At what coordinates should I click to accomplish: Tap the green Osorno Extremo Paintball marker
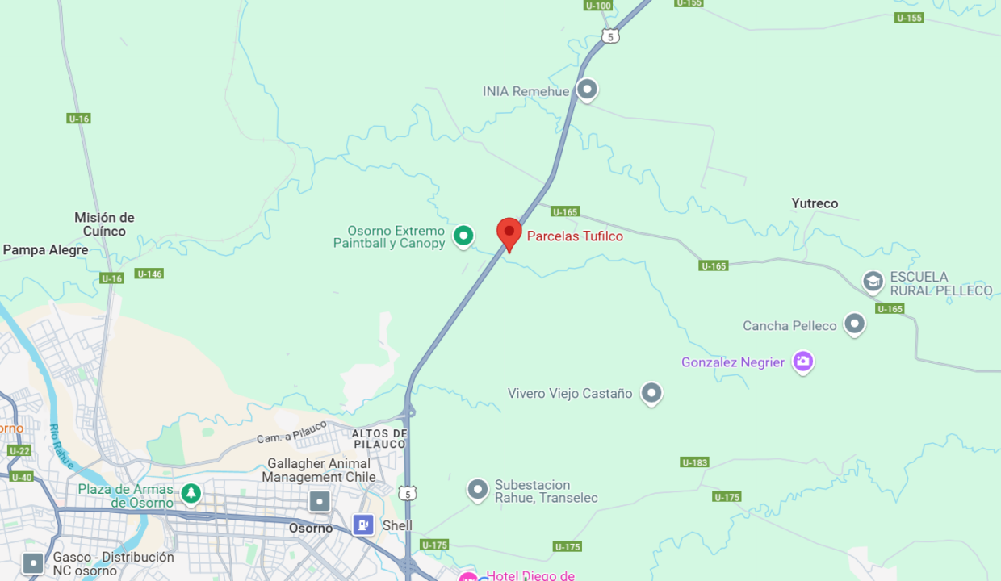(463, 236)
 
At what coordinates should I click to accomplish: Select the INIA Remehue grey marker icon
(587, 89)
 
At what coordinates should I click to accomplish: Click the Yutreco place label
(815, 203)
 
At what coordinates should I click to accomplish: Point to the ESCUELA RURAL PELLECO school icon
(873, 282)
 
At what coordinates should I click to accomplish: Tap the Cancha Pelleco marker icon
(854, 324)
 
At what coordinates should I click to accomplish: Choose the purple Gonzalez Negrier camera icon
(802, 362)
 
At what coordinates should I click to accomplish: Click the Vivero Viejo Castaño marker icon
(651, 393)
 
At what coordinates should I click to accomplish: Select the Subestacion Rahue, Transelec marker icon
(478, 489)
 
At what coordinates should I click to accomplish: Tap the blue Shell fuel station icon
(363, 525)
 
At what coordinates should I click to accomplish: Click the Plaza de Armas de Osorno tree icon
(191, 492)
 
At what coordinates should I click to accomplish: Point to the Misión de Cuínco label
(104, 224)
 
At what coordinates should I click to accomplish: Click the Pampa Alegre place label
(45, 250)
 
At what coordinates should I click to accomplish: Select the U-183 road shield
(694, 462)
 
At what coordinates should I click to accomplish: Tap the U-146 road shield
(149, 274)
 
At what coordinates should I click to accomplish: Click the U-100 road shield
(597, 6)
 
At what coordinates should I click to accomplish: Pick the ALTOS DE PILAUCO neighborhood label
(379, 439)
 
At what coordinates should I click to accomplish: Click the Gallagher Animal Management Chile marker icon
(320, 501)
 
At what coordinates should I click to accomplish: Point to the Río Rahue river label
(62, 446)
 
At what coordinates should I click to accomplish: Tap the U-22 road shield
(19, 450)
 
